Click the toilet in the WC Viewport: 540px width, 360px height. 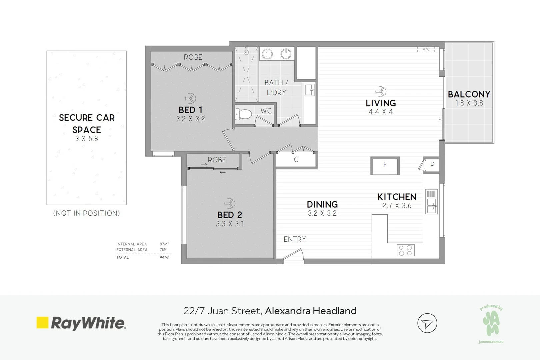[x=243, y=114]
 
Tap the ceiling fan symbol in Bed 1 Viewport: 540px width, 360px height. [x=190, y=98]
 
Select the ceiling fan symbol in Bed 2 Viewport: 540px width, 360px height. [x=230, y=203]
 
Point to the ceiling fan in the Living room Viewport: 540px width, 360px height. [x=381, y=91]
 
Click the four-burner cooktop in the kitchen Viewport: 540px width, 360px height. [x=405, y=250]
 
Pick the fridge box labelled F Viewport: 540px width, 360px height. [x=385, y=166]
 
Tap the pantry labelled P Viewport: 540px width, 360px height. [x=432, y=165]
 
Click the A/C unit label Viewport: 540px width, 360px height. [x=426, y=49]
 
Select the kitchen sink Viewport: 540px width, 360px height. [x=431, y=202]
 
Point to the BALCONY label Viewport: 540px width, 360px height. [x=469, y=94]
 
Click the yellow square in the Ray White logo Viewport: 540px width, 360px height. [x=42, y=322]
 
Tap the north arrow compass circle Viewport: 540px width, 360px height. [x=427, y=323]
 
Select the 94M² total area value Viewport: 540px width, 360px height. [x=164, y=257]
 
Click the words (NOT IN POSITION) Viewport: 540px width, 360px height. [x=87, y=213]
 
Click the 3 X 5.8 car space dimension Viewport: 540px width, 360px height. [x=87, y=139]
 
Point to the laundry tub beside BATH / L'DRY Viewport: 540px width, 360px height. [x=310, y=89]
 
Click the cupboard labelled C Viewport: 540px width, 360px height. [x=296, y=159]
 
